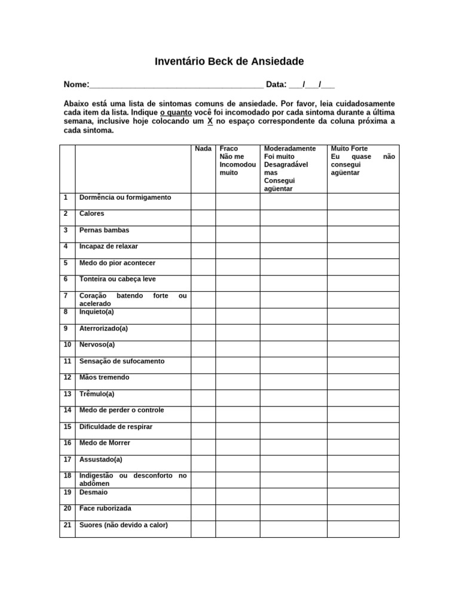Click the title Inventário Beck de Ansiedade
click(229, 62)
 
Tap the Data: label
click(276, 84)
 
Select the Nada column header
click(203, 148)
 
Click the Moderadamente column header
click(290, 148)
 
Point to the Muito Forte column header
click(350, 148)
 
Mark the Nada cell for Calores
click(203, 218)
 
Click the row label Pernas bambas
click(104, 230)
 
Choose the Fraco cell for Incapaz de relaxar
click(237, 250)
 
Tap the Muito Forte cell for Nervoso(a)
click(363, 348)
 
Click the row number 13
click(68, 394)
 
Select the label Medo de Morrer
click(105, 443)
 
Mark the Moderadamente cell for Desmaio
click(293, 496)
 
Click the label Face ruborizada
click(105, 509)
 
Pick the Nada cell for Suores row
click(203, 529)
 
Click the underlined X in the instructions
click(210, 121)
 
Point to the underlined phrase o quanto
click(172, 112)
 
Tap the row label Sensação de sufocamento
click(122, 361)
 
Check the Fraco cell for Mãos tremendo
click(237, 381)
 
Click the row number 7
click(68, 296)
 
